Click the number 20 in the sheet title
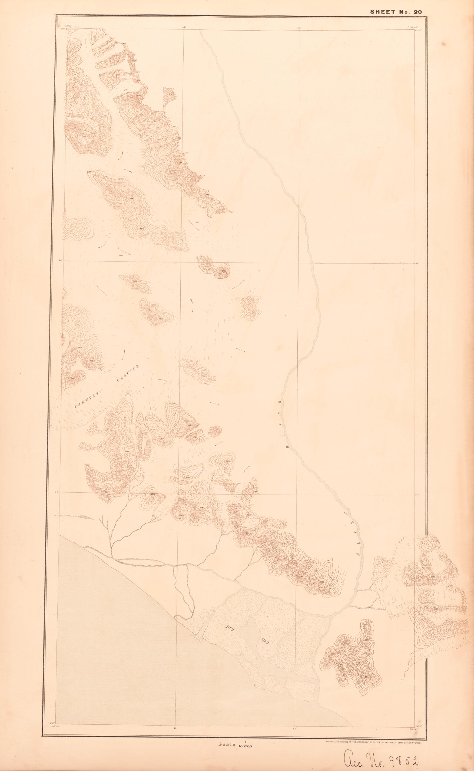(x=418, y=12)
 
